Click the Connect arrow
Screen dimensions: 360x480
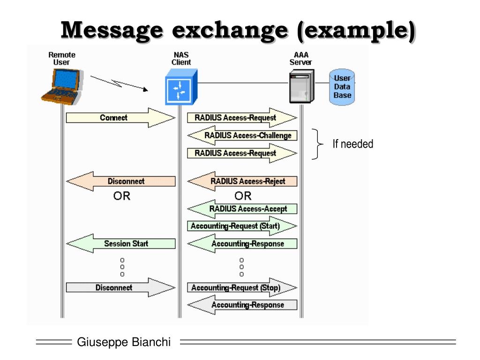coord(120,118)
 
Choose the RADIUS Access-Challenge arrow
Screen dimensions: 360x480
coord(242,135)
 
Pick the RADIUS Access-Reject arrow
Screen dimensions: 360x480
coord(242,181)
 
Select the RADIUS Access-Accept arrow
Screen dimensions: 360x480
coord(242,209)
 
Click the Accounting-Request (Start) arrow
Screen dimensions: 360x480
coord(242,226)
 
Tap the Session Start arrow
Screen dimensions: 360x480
coord(120,244)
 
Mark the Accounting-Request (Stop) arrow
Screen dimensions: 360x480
coord(242,288)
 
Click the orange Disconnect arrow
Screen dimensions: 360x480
coord(120,181)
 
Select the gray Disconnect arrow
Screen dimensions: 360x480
coord(120,288)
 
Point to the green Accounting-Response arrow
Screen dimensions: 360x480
coord(242,244)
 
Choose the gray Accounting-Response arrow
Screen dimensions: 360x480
coord(242,305)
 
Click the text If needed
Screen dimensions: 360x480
coord(352,144)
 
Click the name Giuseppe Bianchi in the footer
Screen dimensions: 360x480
coord(124,342)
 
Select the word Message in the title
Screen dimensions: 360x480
coord(112,30)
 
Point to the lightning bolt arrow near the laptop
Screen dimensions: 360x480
coord(119,83)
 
